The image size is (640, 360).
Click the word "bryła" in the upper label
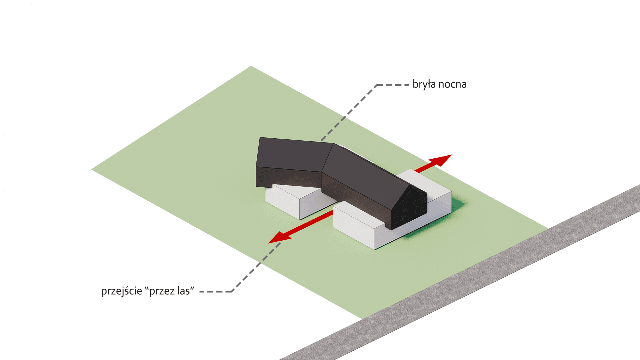tap(424, 84)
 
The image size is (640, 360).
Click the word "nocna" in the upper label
tap(453, 85)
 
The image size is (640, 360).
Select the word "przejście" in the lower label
tap(122, 291)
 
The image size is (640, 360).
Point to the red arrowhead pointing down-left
tap(279, 237)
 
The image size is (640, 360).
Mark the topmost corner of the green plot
tap(251, 66)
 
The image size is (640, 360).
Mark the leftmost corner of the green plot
tap(92, 169)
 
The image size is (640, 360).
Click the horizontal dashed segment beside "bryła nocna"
tap(392, 85)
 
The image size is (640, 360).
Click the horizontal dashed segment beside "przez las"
tap(216, 292)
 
